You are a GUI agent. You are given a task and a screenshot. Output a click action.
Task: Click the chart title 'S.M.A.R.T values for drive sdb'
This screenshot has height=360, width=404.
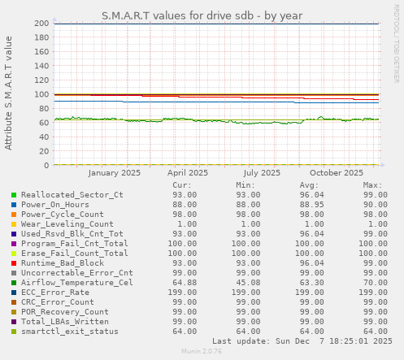(x=202, y=15)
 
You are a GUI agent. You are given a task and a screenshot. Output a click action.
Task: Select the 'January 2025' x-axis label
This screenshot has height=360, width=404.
(x=115, y=172)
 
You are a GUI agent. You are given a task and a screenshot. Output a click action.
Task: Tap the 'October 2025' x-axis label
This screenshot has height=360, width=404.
(x=336, y=172)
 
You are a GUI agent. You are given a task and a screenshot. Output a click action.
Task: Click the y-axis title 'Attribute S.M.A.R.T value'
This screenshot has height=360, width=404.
(x=9, y=93)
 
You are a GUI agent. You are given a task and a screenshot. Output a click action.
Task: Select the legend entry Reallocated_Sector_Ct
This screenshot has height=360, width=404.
(x=72, y=195)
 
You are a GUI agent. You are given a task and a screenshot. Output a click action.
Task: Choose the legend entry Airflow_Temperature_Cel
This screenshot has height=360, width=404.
(x=77, y=283)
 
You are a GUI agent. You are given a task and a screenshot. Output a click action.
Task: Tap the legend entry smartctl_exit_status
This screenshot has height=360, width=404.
(x=70, y=332)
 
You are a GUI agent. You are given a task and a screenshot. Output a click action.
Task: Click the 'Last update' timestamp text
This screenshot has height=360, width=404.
(x=302, y=341)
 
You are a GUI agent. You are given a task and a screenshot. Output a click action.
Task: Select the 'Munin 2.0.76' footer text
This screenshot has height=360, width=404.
(x=202, y=353)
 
